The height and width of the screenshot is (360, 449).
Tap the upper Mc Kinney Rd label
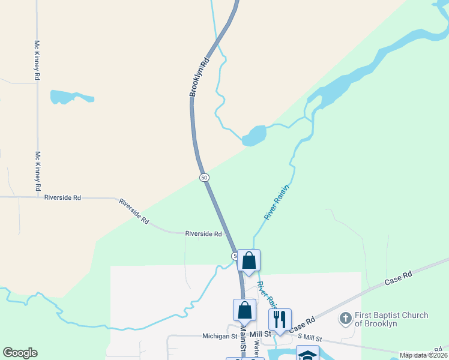click(x=37, y=61)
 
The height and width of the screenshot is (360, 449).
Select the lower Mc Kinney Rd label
click(x=37, y=171)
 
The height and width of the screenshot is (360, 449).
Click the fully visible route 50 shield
click(x=204, y=178)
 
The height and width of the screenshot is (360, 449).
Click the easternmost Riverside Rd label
click(x=203, y=234)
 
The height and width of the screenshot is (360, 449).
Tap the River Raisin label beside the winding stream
click(x=277, y=203)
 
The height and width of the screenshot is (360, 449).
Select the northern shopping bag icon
click(x=249, y=261)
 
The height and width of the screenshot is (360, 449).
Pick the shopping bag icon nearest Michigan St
click(x=244, y=310)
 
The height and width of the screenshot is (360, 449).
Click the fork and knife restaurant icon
click(x=280, y=320)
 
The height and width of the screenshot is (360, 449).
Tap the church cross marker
click(x=345, y=319)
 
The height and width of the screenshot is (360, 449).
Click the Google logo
click(x=20, y=353)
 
